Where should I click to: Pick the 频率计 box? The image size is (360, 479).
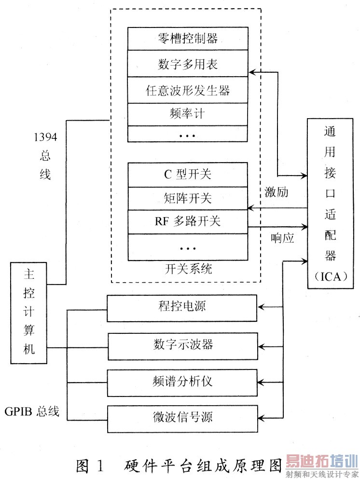click(188, 114)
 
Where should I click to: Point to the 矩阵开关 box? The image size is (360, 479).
click(188, 198)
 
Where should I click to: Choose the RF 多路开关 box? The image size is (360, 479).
click(188, 221)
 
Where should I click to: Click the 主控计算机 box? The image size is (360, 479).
click(29, 313)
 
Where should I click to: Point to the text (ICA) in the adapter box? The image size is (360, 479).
click(333, 276)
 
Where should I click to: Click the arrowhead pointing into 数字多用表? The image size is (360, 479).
click(251, 72)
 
